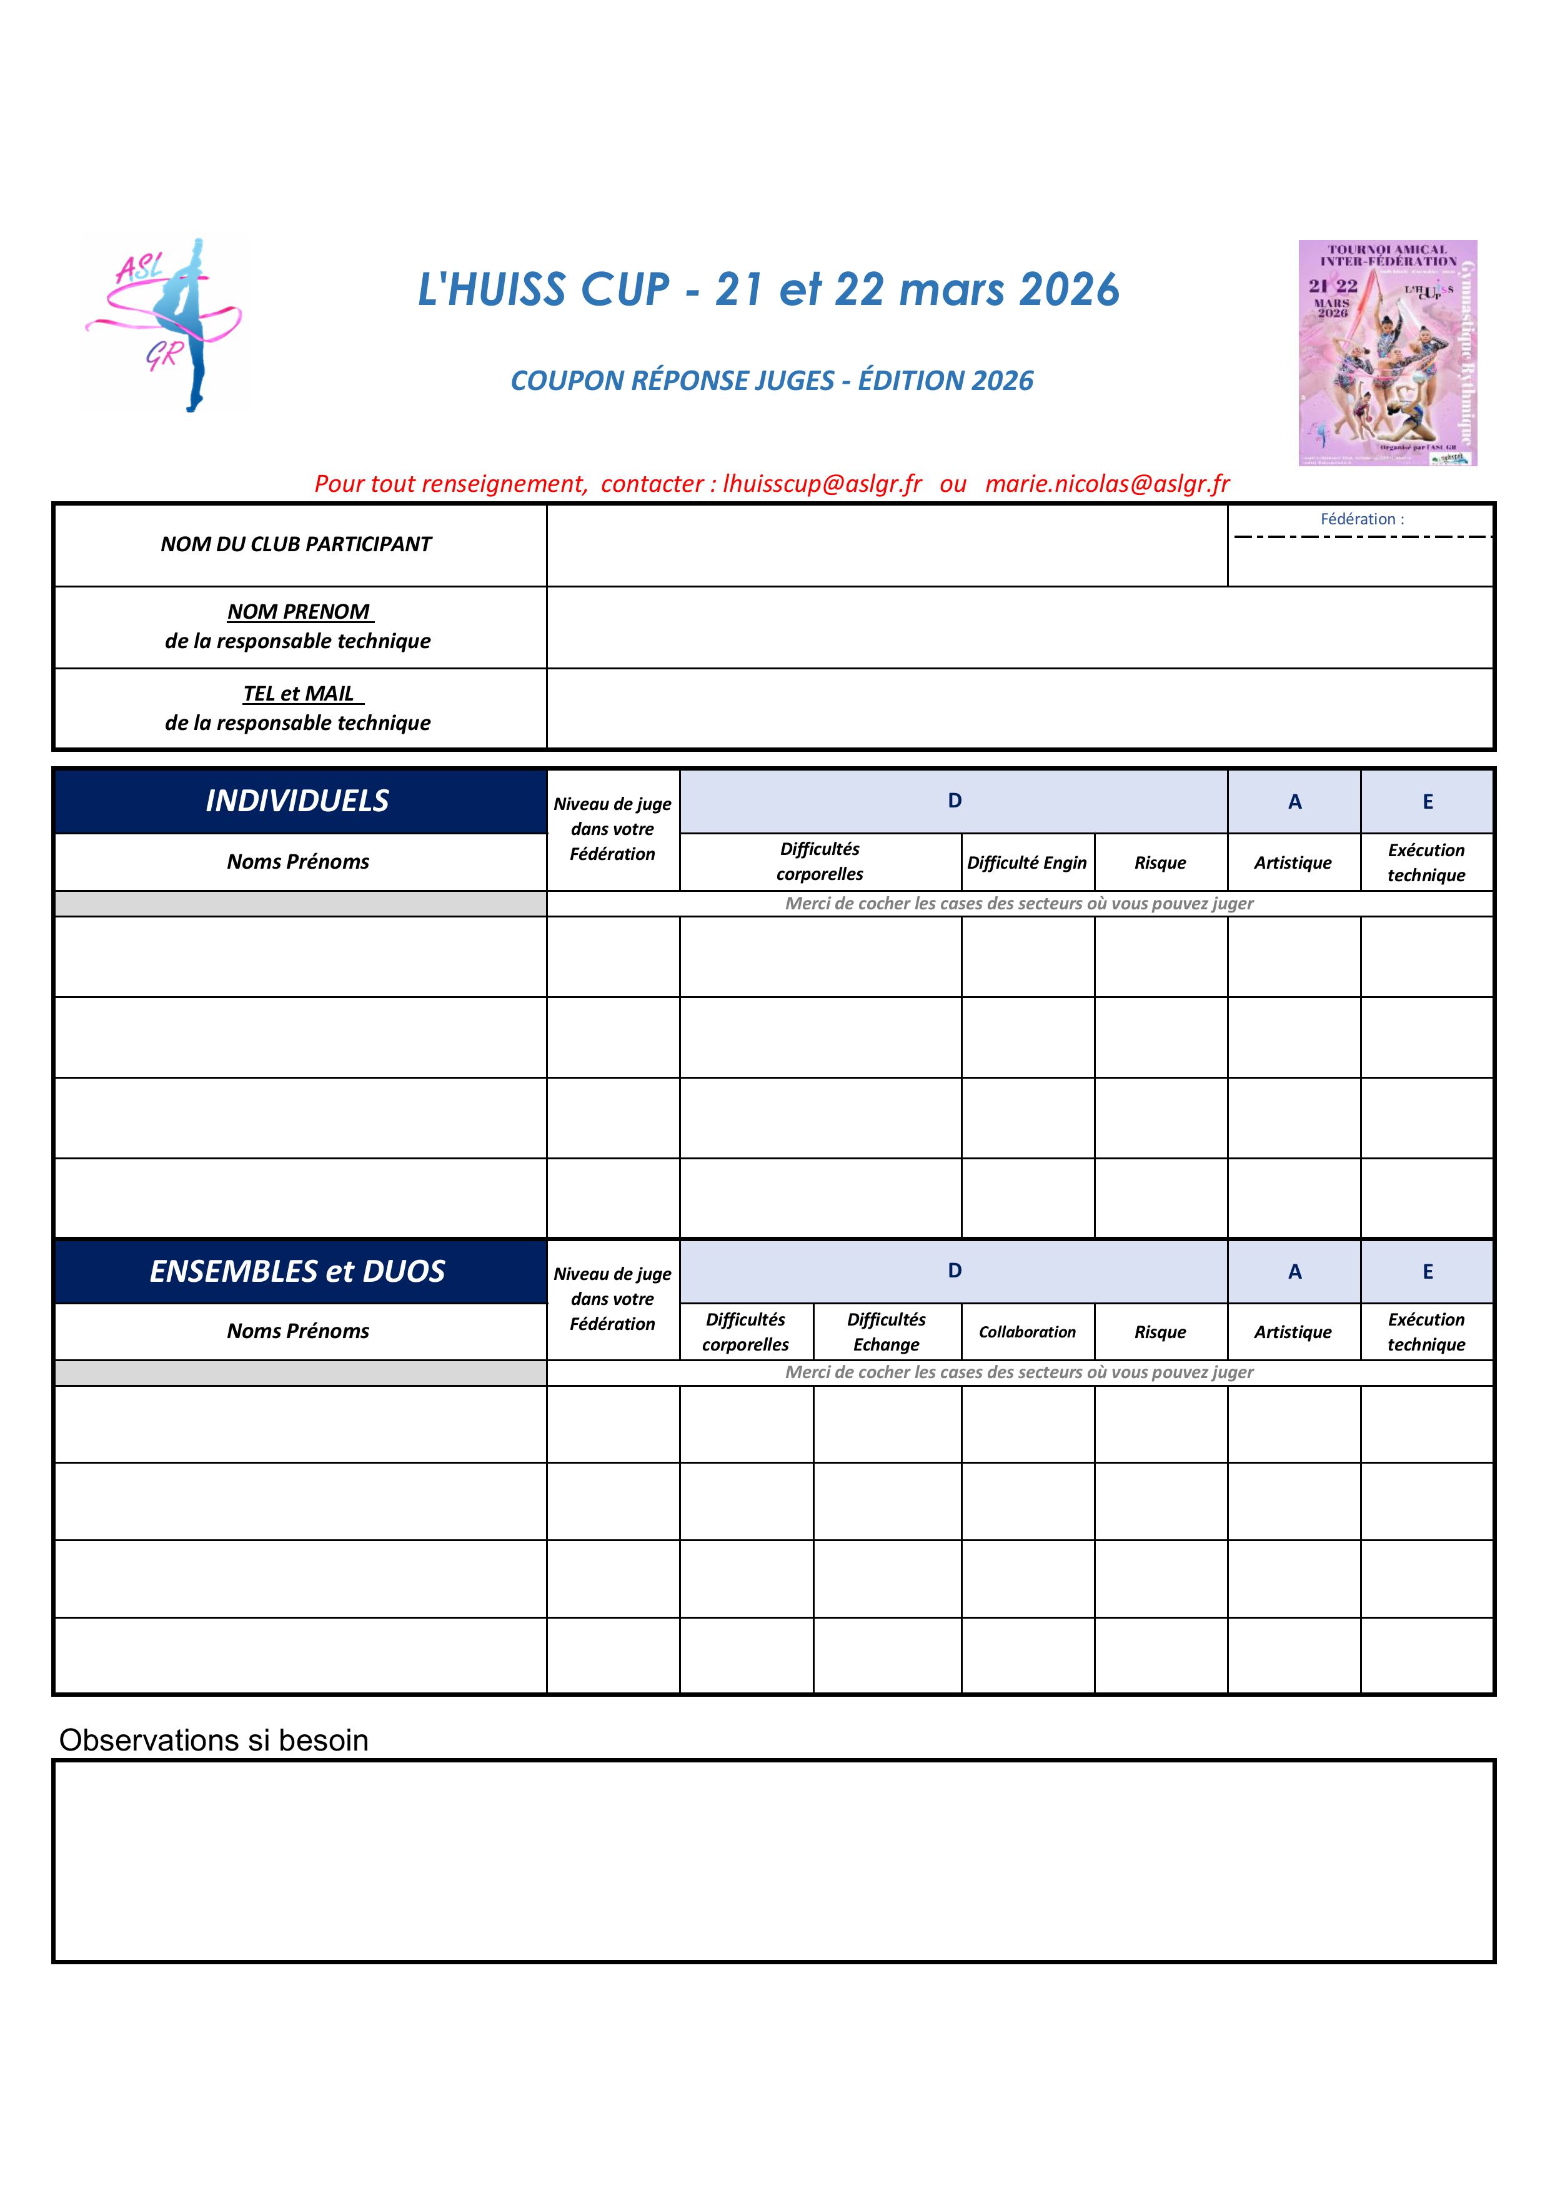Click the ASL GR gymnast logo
pyautogui.click(x=164, y=324)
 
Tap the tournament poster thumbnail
pyautogui.click(x=1387, y=352)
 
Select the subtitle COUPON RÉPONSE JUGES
pyautogui.click(x=772, y=380)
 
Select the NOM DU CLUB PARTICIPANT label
pyautogui.click(x=296, y=544)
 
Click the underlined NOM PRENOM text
pyautogui.click(x=299, y=611)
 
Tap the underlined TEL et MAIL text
pyautogui.click(x=299, y=694)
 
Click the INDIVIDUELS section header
pyautogui.click(x=298, y=801)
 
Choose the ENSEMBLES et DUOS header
pyautogui.click(x=298, y=1271)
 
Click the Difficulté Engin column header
pyautogui.click(x=1026, y=862)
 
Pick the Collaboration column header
pyautogui.click(x=1026, y=1331)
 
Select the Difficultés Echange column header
pyautogui.click(x=887, y=1331)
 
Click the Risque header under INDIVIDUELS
pyautogui.click(x=1160, y=862)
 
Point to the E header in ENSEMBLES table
pyautogui.click(x=1427, y=1271)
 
